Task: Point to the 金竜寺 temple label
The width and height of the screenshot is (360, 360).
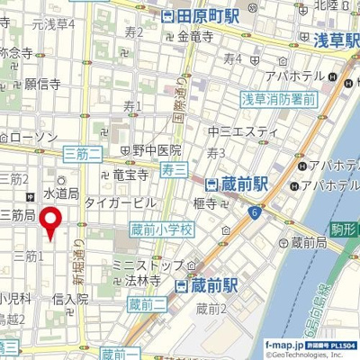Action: [195, 37]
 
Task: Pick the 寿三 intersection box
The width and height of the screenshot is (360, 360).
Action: [175, 167]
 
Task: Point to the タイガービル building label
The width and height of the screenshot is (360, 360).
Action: [120, 203]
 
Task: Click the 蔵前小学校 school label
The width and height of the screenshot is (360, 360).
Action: [162, 230]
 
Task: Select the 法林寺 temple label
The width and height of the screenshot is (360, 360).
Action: [143, 281]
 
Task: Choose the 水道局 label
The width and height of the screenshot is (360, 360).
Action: [62, 193]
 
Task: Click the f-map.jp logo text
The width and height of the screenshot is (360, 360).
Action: [284, 345]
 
